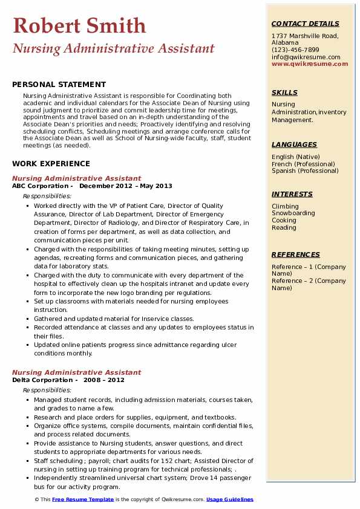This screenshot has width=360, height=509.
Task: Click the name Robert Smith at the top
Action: pos(79,25)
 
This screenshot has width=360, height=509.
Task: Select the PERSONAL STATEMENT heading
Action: pos(59,85)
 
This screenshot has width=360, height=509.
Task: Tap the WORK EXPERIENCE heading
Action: pos(51,164)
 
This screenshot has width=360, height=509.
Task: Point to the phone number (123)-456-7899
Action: pos(295,50)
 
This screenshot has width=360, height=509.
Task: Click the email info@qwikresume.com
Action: pos(306,57)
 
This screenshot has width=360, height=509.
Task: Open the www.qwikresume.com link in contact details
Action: pos(306,64)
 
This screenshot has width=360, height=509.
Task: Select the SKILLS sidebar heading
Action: pos(284,92)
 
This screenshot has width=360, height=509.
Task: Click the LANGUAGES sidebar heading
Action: pos(294,144)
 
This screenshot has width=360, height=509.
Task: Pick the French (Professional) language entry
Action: pos(303,164)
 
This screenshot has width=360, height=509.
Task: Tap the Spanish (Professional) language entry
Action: pos(304,171)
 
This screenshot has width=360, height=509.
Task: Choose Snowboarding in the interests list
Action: pos(293,213)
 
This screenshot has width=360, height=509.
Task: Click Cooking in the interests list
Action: pos(284,221)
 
